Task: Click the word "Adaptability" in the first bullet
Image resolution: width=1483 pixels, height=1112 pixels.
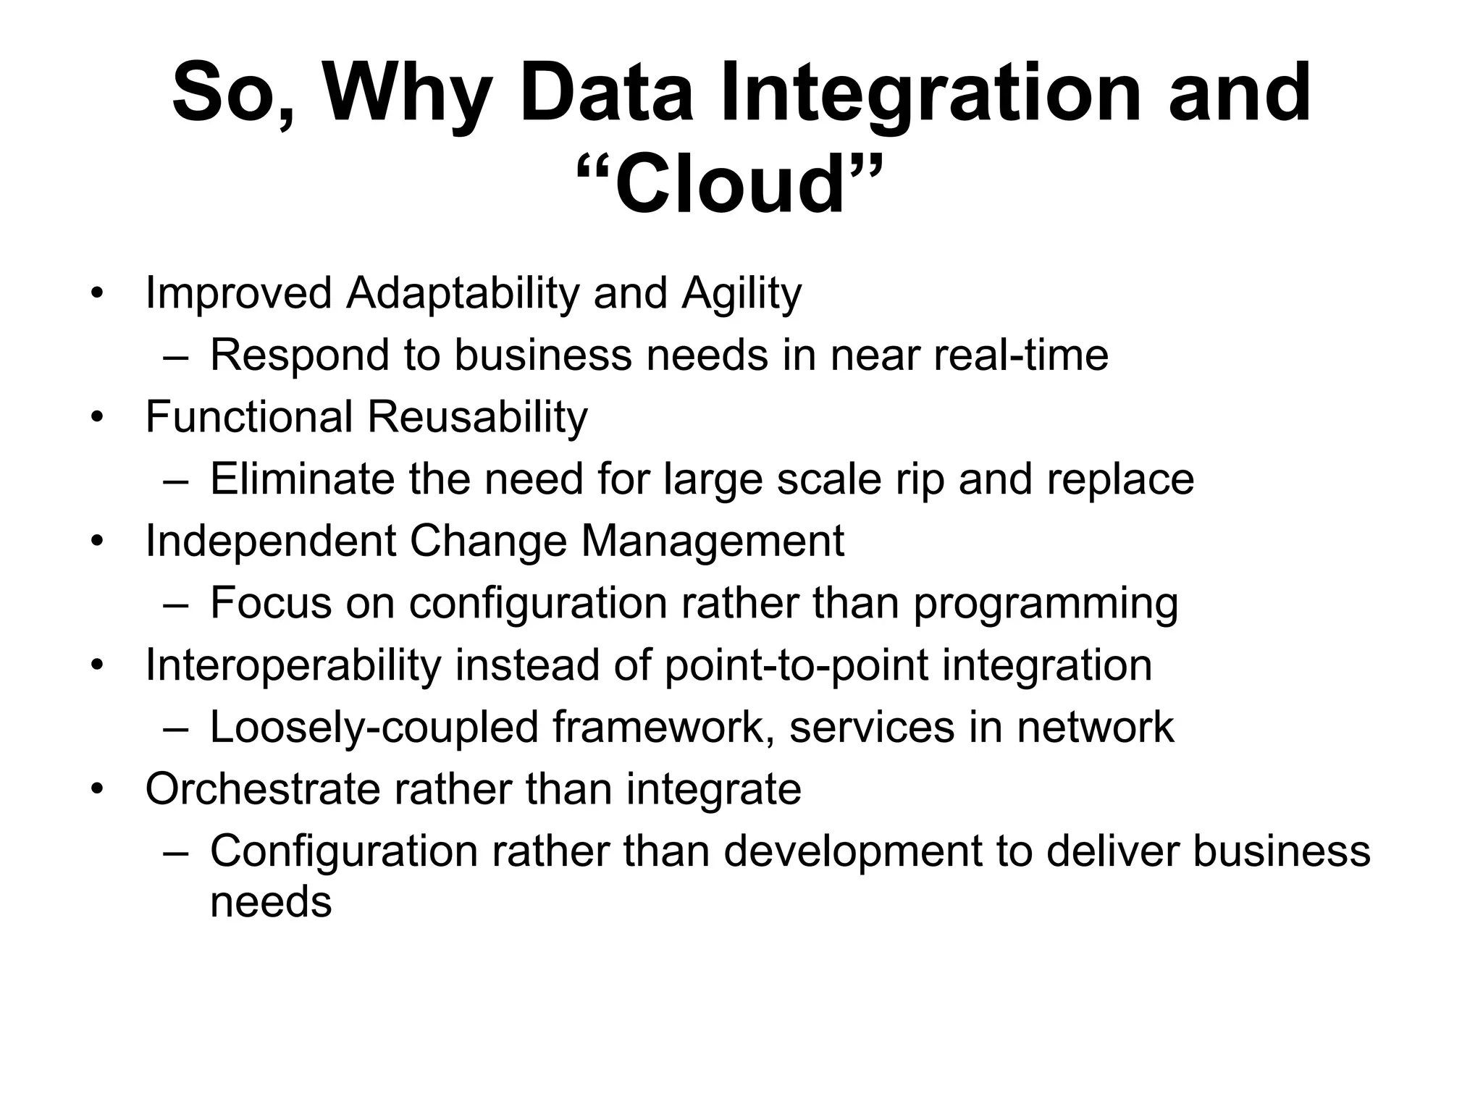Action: (x=463, y=294)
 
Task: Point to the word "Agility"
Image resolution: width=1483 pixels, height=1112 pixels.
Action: (x=741, y=294)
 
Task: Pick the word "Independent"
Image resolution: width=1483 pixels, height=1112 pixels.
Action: (x=270, y=541)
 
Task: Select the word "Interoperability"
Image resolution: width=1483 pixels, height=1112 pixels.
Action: (x=293, y=665)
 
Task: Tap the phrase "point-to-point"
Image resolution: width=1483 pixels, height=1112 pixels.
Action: (x=796, y=665)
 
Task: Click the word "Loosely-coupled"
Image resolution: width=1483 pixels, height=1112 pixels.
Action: (x=374, y=727)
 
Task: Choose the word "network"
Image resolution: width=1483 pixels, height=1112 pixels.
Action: (x=1095, y=727)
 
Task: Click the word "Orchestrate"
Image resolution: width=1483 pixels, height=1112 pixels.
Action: (x=262, y=788)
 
